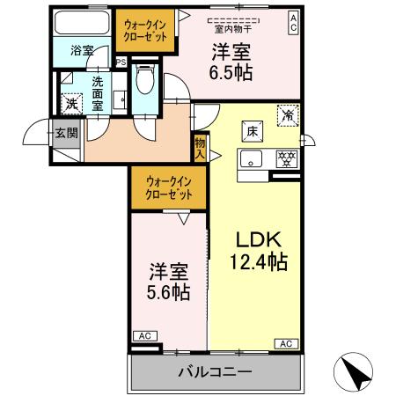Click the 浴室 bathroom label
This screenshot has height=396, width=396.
click(x=82, y=50)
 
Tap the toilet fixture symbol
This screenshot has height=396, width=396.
click(x=146, y=82)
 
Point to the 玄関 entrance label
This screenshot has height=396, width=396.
click(x=66, y=134)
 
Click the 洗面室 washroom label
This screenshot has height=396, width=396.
click(x=99, y=91)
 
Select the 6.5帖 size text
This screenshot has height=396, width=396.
click(x=231, y=74)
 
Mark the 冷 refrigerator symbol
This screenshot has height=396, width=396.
click(x=288, y=114)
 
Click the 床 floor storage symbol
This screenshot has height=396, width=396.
click(x=252, y=131)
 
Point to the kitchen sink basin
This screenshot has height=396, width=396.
click(x=253, y=160)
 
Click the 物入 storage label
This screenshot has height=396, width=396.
click(x=201, y=148)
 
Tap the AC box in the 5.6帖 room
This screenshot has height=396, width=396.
click(x=143, y=335)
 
